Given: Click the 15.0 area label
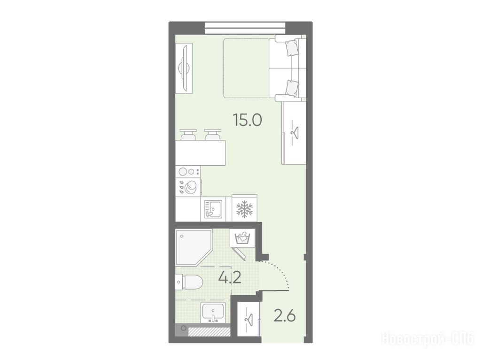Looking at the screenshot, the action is [x=247, y=120].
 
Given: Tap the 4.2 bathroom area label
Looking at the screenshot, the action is [x=229, y=277].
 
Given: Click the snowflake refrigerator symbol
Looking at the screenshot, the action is [x=244, y=209].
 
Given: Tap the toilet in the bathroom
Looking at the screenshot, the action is [x=189, y=282].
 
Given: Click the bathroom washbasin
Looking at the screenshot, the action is [x=213, y=313].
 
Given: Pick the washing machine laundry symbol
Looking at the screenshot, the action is [x=242, y=238].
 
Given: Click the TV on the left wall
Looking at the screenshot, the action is [x=184, y=68].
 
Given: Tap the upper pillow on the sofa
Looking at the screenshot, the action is [x=292, y=48].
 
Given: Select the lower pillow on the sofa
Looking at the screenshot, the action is [x=292, y=88].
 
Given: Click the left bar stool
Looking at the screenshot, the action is [x=188, y=135].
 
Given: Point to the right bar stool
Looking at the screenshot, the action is [x=213, y=135].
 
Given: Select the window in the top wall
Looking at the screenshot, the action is [x=245, y=28].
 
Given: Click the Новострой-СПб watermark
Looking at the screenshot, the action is [x=427, y=339].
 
